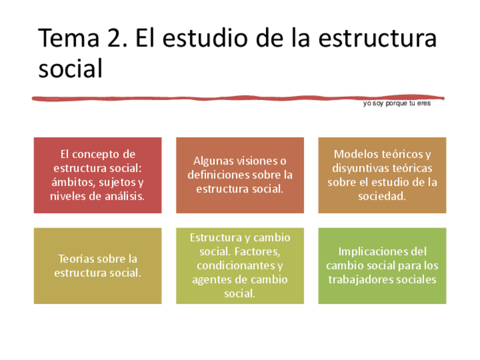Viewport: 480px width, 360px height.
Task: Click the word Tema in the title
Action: (x=69, y=38)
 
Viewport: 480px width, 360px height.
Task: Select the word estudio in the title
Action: (x=205, y=38)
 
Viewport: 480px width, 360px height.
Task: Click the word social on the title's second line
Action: (x=70, y=68)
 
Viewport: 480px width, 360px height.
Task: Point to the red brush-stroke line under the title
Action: (x=238, y=98)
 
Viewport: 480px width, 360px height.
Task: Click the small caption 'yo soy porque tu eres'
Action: (x=397, y=103)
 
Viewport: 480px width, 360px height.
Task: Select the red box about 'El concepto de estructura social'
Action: (x=98, y=175)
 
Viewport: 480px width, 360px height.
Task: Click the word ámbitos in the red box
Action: (x=72, y=182)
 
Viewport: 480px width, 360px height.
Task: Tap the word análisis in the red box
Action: (x=125, y=196)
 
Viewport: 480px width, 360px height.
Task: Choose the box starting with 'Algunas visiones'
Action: (x=240, y=175)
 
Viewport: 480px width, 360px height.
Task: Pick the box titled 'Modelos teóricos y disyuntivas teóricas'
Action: (x=382, y=175)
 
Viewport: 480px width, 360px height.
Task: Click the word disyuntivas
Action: (x=361, y=168)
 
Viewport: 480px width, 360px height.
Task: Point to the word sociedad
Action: (x=382, y=196)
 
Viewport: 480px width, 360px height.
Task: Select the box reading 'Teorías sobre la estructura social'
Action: (x=98, y=265)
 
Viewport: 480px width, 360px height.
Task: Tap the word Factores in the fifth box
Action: (x=257, y=252)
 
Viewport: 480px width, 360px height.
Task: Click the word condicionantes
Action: (x=236, y=265)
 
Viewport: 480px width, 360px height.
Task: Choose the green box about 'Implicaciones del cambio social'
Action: (x=382, y=265)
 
